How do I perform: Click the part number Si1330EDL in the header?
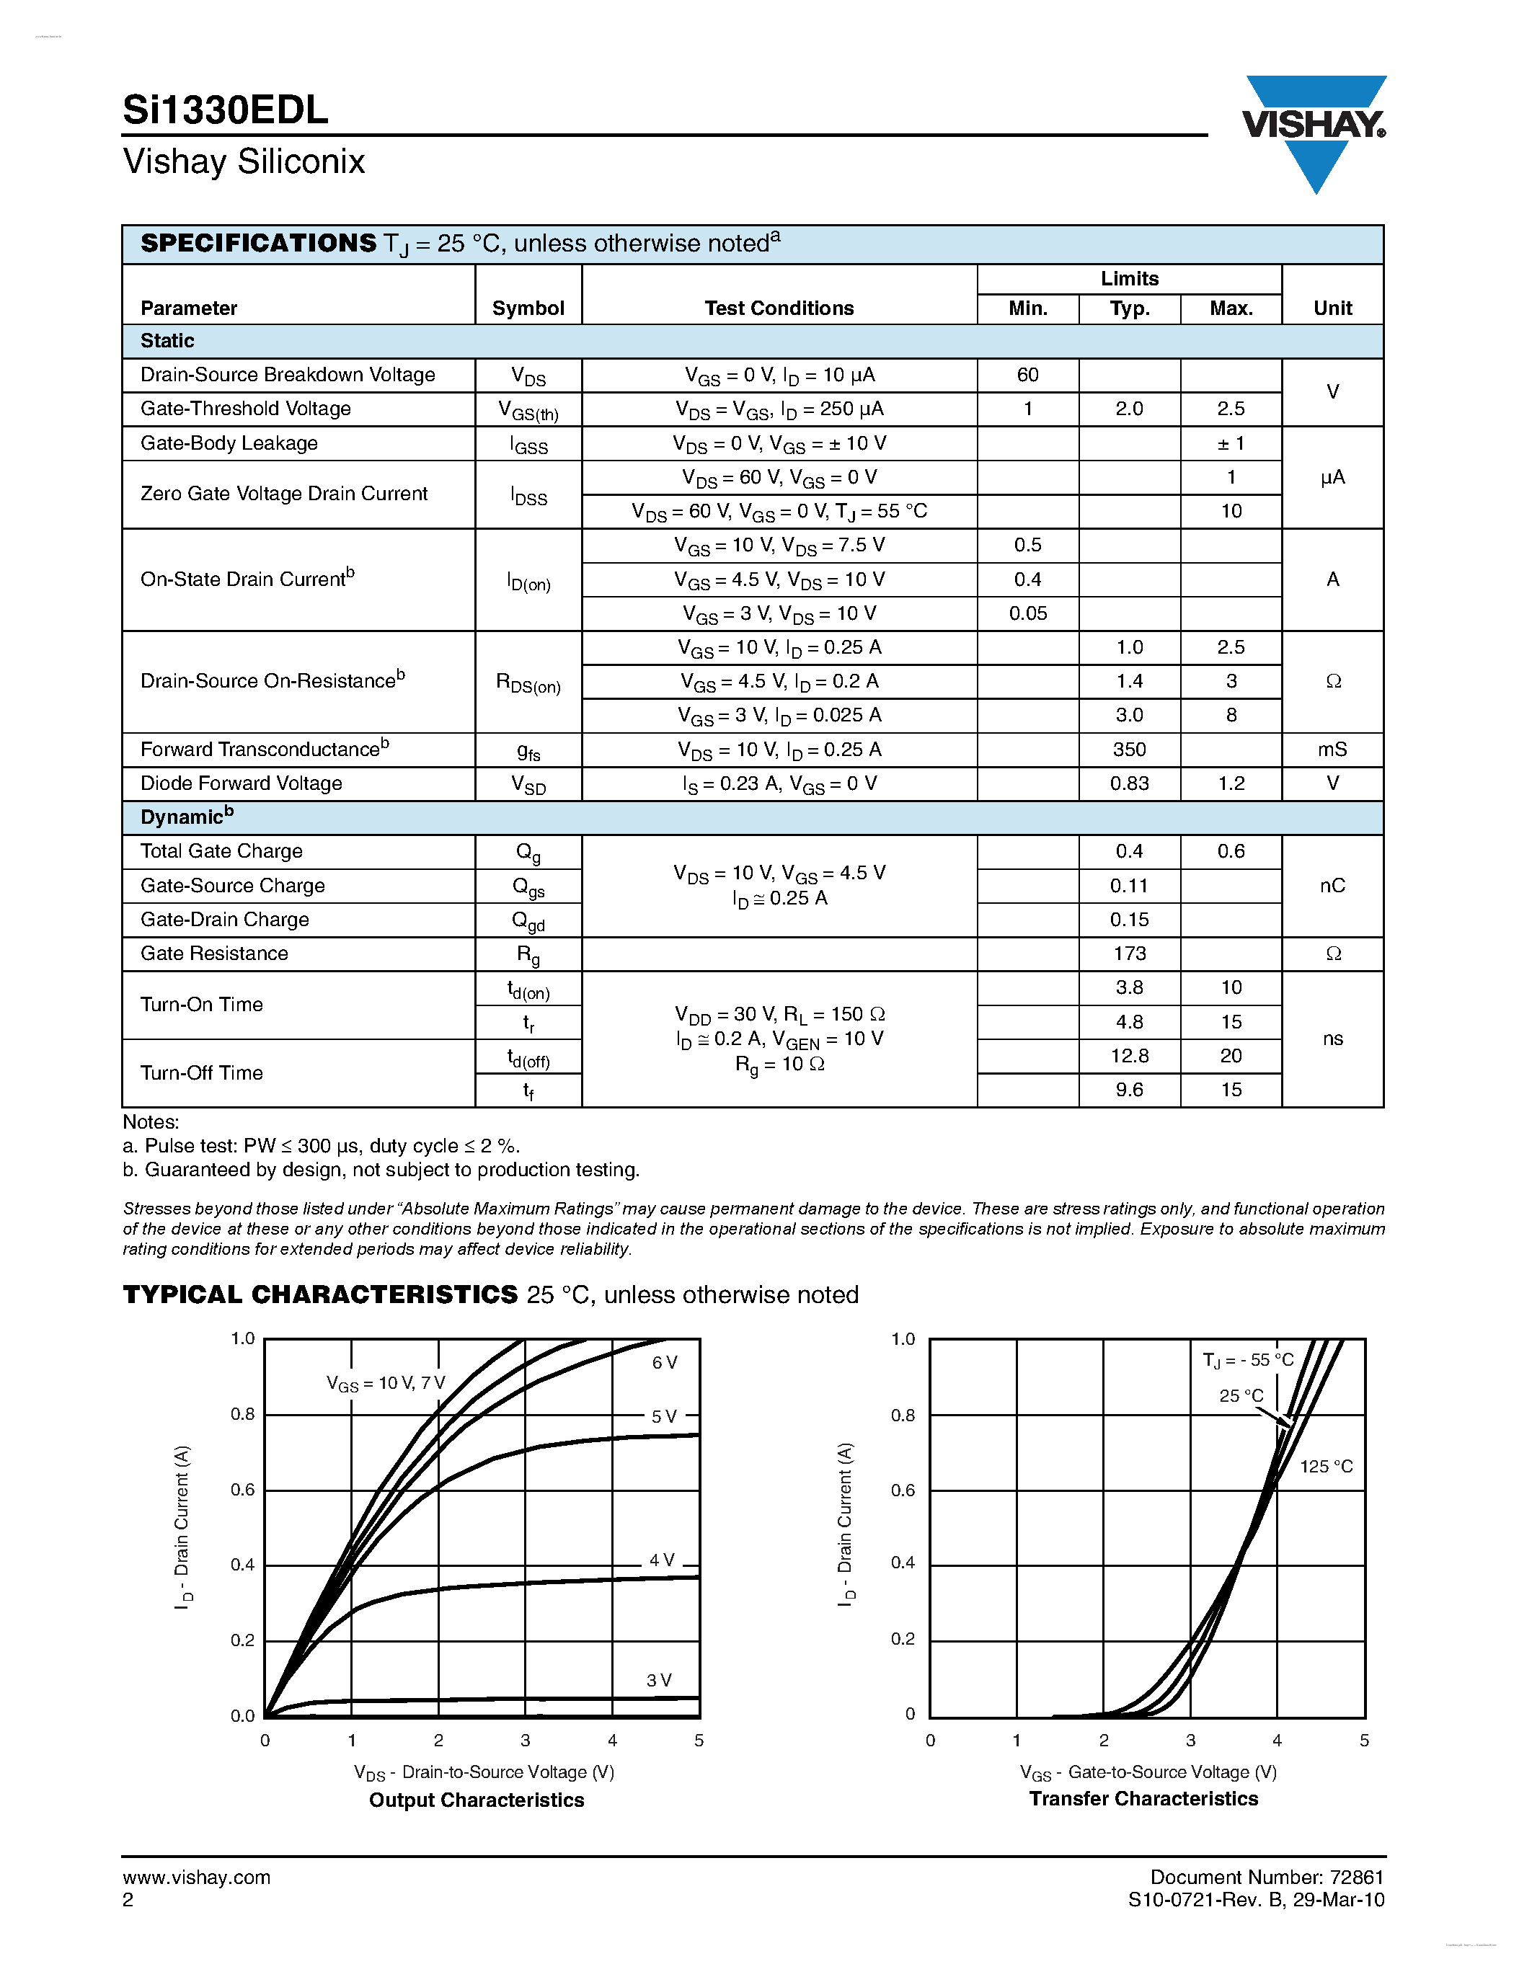coord(225,111)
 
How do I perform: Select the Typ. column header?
coord(1129,308)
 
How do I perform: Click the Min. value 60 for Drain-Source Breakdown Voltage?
coord(1027,375)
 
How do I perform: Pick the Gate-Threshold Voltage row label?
coord(245,409)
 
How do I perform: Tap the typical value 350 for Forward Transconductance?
coord(1129,750)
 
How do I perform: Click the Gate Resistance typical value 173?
coord(1129,954)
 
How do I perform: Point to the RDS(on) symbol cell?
coord(528,683)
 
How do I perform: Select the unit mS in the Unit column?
coord(1332,750)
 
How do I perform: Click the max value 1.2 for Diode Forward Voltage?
coord(1231,783)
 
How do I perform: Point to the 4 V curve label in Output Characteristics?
coord(662,1560)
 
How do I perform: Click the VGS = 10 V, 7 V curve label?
coord(386,1384)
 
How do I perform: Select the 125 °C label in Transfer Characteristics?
coord(1325,1467)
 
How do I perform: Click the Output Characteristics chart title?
coord(477,1800)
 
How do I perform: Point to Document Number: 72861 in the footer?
coord(1266,1877)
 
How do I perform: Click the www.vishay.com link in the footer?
coord(196,1877)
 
